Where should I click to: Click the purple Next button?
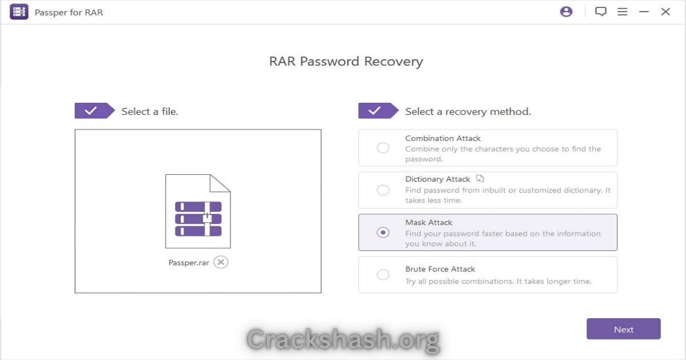[x=624, y=329]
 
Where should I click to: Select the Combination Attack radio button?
[x=383, y=148]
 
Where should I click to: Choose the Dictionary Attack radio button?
[x=383, y=190]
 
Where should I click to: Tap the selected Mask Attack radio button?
[x=383, y=233]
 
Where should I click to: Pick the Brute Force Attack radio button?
[x=383, y=275]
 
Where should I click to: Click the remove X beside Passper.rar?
[x=221, y=262]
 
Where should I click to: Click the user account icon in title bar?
[x=567, y=11]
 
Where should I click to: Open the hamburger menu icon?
[x=623, y=11]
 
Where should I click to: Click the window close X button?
[x=665, y=11]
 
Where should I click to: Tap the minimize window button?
[x=644, y=11]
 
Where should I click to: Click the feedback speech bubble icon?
[x=601, y=11]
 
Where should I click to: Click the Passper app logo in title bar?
[x=19, y=11]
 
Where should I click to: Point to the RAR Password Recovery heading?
[x=346, y=62]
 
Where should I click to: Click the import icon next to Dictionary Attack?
[x=480, y=178]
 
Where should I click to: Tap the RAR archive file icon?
[x=198, y=211]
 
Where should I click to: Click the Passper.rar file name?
[x=189, y=263]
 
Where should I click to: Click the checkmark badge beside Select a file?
[x=95, y=110]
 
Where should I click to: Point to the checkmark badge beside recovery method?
[x=378, y=110]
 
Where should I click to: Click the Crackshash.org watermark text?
[x=344, y=340]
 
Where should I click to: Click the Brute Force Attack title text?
[x=440, y=269]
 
